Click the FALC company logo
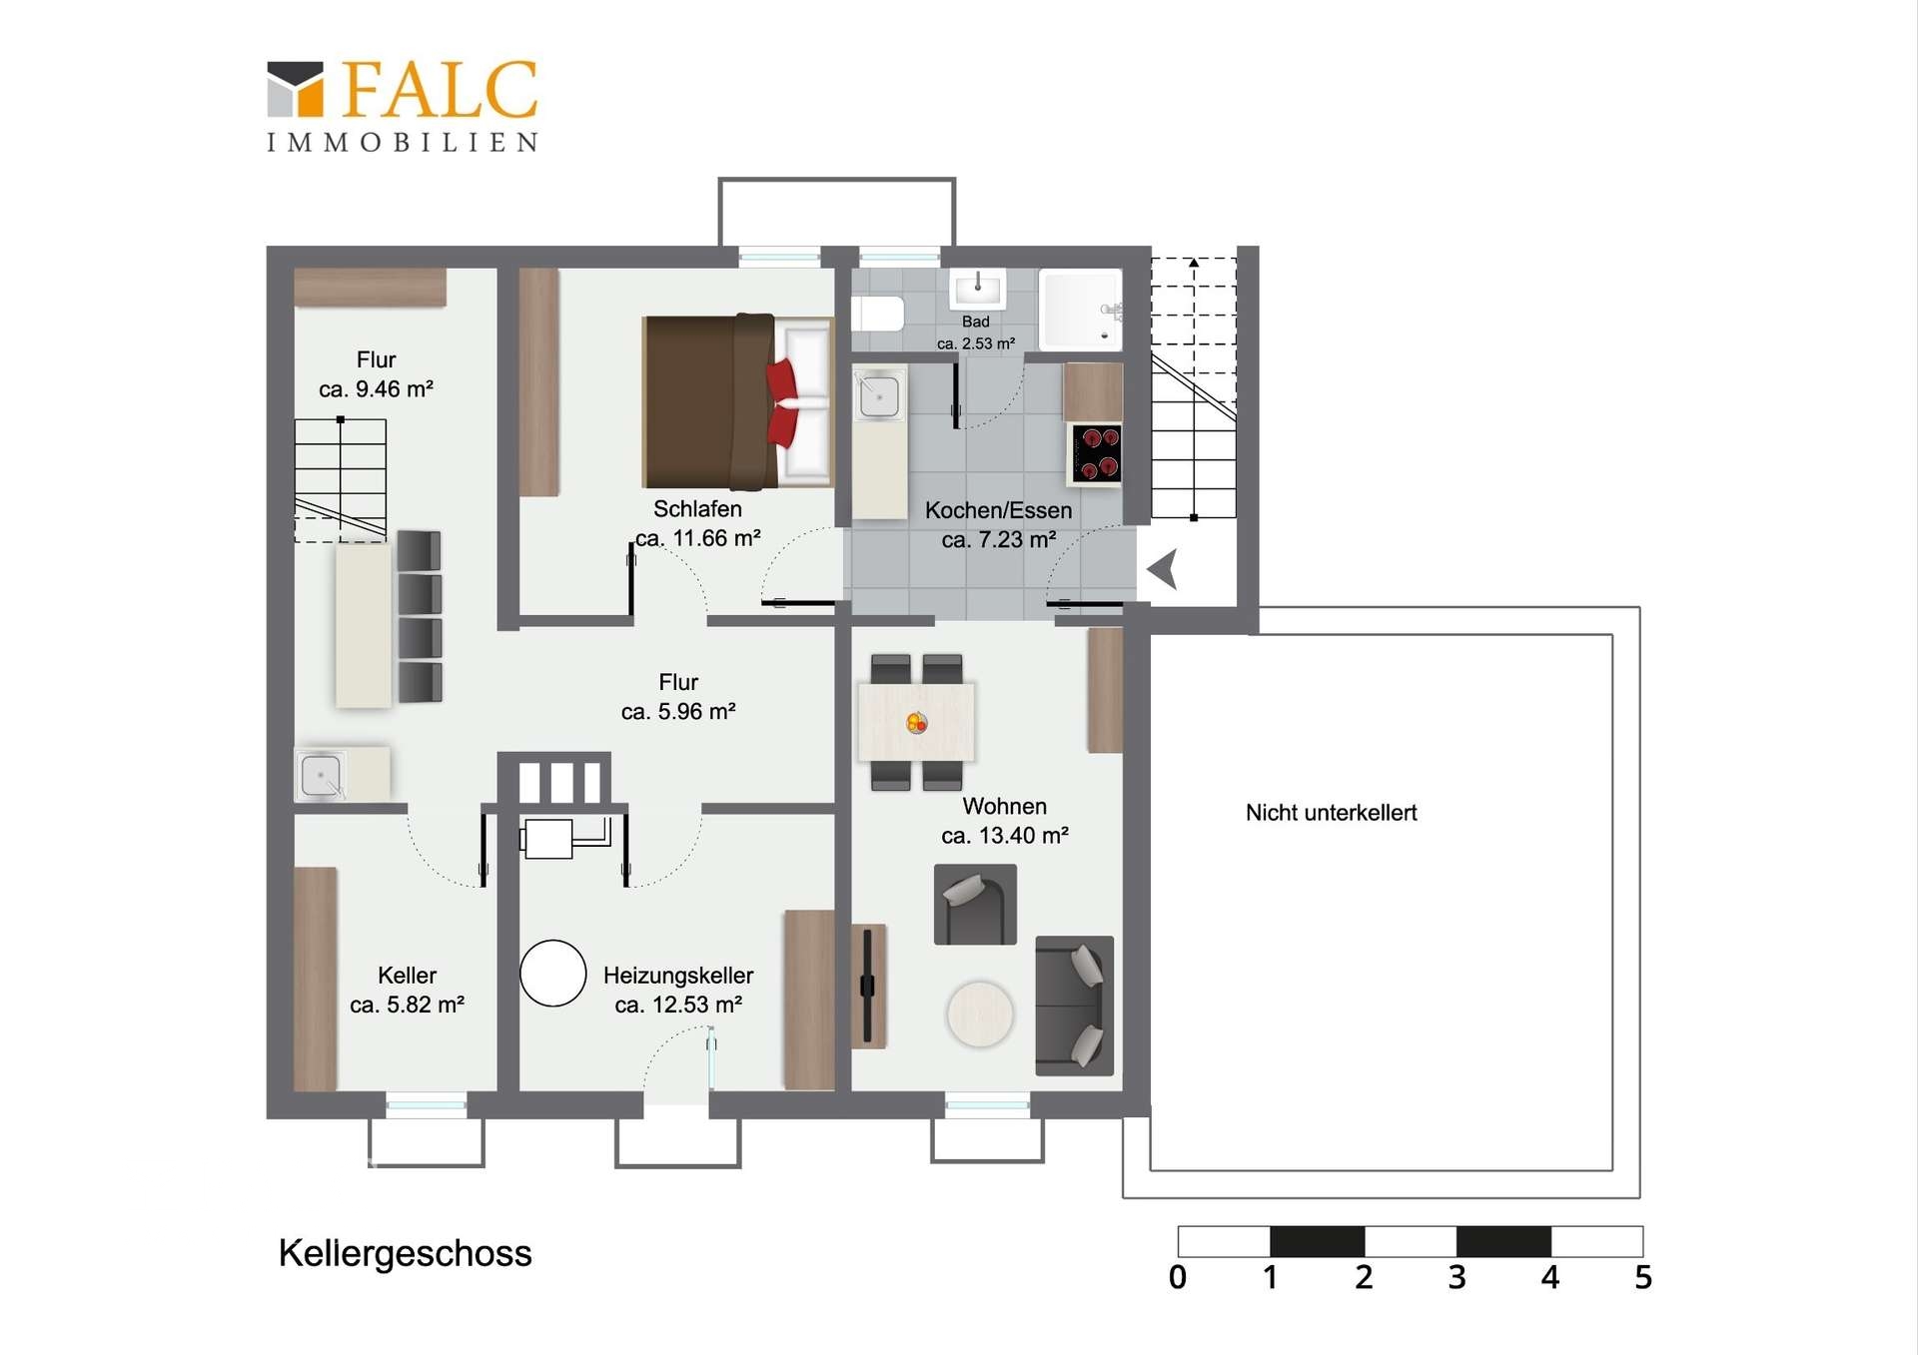[403, 106]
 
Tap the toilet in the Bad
[877, 314]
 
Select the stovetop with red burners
[1096, 453]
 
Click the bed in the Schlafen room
[737, 401]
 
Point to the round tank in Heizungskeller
[552, 973]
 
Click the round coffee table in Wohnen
[980, 1014]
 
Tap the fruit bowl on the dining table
[916, 722]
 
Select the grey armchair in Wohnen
[975, 904]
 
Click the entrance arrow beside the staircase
[1163, 569]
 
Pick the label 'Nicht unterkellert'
[1331, 813]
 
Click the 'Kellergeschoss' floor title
[405, 1253]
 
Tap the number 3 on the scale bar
[1456, 1277]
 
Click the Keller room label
[407, 976]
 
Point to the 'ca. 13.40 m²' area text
[1005, 835]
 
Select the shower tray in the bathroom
[1081, 310]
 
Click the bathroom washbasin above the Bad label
[977, 289]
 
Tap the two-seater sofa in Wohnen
[1074, 1006]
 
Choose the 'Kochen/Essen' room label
[998, 510]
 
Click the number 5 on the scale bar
[1643, 1277]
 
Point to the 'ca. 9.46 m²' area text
[376, 388]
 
